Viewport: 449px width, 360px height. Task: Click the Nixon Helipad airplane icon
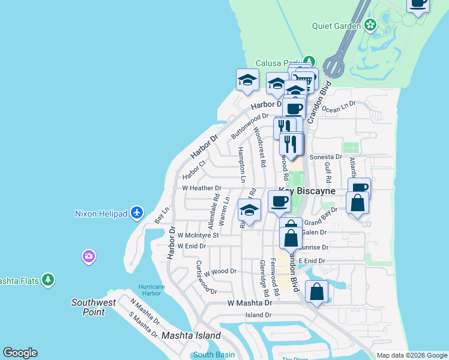pos(137,213)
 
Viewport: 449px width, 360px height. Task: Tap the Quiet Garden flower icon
pos(370,25)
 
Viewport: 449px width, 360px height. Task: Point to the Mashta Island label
pos(191,335)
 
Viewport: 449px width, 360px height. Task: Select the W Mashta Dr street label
pos(250,303)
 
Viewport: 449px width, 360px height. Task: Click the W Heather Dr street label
pos(202,188)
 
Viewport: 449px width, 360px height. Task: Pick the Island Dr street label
pos(258,315)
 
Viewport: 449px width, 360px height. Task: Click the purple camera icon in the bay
pos(89,257)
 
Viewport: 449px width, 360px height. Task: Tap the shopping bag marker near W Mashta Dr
pos(316,292)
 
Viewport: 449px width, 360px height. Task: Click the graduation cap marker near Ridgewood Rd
pos(249,210)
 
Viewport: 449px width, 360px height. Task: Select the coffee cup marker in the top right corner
pos(419,3)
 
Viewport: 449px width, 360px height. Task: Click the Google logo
pos(20,353)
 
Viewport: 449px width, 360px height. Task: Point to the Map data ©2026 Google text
pos(411,355)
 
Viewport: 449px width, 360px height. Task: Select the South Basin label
pos(214,355)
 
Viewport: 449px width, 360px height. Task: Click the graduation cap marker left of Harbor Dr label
pos(247,80)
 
